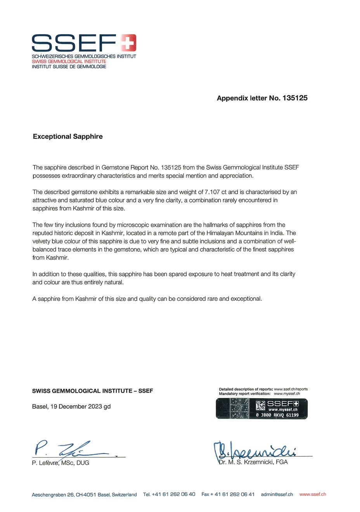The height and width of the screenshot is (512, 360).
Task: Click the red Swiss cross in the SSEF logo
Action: coord(128,43)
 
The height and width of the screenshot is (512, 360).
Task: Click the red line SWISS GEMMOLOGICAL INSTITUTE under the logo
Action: coord(69,62)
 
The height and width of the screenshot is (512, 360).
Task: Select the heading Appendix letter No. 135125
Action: coord(262,98)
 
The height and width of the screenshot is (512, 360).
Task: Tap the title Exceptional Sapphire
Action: coord(67,136)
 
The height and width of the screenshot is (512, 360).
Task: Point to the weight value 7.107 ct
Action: coord(216,192)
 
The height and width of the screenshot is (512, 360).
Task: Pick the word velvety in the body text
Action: coord(43,241)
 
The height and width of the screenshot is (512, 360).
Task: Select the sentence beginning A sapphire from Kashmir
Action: coord(147,299)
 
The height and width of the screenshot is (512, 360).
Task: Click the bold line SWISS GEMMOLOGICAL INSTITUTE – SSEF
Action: coord(92,391)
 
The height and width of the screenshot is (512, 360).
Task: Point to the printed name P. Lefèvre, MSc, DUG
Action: coord(61,463)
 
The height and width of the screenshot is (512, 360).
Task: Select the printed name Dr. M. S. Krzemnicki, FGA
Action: coord(253,462)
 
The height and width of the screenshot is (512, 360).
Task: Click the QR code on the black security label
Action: coord(260,406)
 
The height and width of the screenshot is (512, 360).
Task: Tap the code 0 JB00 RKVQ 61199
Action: coord(277,415)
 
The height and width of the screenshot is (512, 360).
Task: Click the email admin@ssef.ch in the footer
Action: coord(277,494)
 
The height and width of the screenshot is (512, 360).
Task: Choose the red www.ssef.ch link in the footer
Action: coord(313,494)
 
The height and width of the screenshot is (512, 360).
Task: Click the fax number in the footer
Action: coord(228,494)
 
